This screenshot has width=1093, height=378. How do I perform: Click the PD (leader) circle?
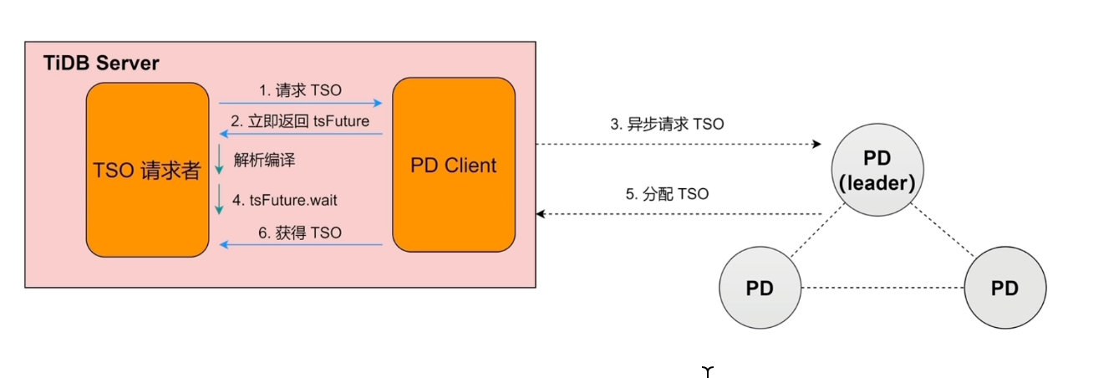coord(876,172)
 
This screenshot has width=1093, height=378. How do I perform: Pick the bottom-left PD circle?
coord(759,289)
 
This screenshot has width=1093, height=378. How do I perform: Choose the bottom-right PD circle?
coord(1004,289)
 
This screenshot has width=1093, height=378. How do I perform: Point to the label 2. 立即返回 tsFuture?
coord(300,120)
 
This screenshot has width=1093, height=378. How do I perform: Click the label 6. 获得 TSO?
coord(300,232)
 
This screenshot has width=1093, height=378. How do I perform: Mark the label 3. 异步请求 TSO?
coord(666,125)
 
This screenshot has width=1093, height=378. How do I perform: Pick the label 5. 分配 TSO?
coord(667,194)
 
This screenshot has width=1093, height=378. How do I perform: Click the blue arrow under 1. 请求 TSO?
coord(300,103)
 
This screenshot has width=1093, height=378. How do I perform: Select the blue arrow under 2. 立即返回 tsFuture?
coord(300,134)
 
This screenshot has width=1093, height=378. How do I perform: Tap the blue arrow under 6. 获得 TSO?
coord(300,246)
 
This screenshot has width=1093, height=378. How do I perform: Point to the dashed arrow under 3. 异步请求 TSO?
coord(678,145)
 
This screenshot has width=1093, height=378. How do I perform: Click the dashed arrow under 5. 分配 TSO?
coord(678,214)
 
